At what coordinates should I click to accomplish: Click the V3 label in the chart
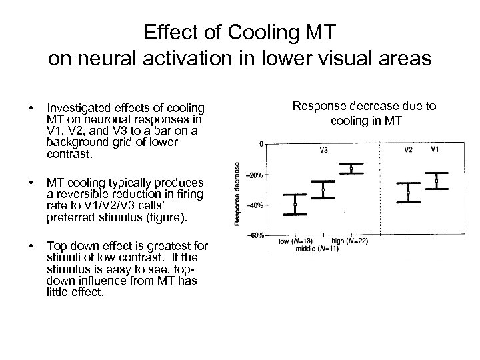(323, 150)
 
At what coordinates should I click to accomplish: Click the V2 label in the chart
(409, 149)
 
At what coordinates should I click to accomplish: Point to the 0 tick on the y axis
(261, 144)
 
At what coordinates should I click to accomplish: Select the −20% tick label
(256, 175)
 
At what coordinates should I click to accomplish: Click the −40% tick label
(256, 205)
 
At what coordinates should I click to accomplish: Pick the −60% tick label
(256, 235)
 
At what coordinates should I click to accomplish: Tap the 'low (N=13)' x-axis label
(292, 240)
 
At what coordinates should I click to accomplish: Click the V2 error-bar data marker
(408, 193)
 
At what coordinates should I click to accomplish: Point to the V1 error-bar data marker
(436, 181)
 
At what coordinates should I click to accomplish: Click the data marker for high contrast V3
(351, 169)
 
